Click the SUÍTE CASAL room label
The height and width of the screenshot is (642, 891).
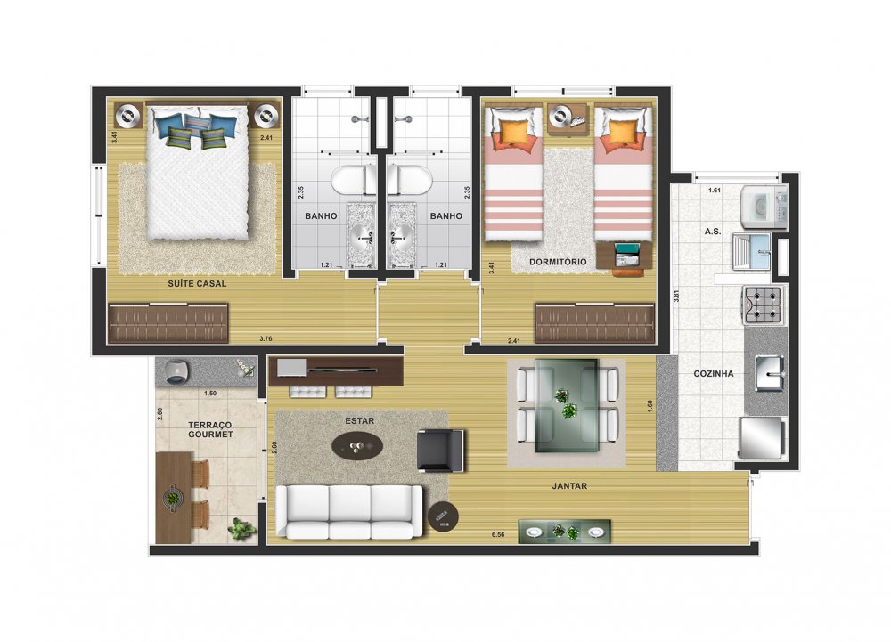(x=197, y=283)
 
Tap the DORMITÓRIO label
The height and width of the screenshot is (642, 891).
(x=558, y=262)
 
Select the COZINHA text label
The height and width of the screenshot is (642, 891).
(x=713, y=373)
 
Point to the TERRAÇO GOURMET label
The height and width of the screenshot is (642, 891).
(x=210, y=429)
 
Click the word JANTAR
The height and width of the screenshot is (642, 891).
(x=569, y=486)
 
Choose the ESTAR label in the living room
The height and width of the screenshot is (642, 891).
(x=360, y=420)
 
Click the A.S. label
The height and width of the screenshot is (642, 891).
(x=713, y=231)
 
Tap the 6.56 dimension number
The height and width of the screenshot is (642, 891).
(x=498, y=534)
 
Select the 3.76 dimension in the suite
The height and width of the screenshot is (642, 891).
(x=266, y=338)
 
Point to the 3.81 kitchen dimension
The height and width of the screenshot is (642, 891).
(x=676, y=296)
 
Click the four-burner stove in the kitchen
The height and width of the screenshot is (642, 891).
(x=764, y=305)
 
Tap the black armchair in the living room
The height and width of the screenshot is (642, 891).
(x=440, y=451)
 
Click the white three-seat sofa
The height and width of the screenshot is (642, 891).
(x=349, y=512)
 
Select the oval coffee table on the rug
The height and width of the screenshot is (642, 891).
(x=357, y=446)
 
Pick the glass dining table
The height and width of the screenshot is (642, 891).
(x=567, y=405)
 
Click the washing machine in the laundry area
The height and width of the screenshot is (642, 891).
(x=764, y=206)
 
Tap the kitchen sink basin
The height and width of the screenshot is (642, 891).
(x=770, y=373)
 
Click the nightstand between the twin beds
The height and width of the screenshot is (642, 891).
(x=568, y=118)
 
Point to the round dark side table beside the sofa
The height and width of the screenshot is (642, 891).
(x=443, y=516)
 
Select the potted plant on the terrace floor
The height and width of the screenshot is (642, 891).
(x=242, y=529)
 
